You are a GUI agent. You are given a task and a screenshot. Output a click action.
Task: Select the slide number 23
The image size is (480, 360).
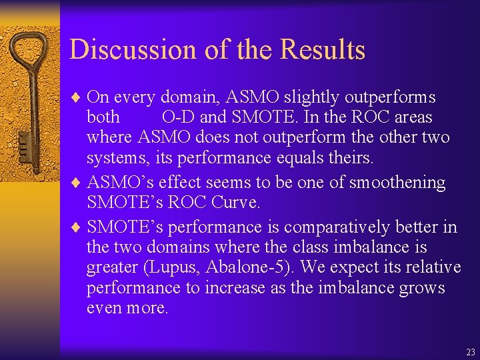pyautogui.click(x=471, y=351)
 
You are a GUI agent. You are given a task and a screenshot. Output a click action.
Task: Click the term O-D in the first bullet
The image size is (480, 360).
pyautogui.click(x=179, y=118)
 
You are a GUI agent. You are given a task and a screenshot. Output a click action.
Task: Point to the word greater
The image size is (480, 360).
pyautogui.click(x=111, y=268)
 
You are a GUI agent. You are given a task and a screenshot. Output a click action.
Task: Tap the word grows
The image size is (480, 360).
pyautogui.click(x=423, y=288)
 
